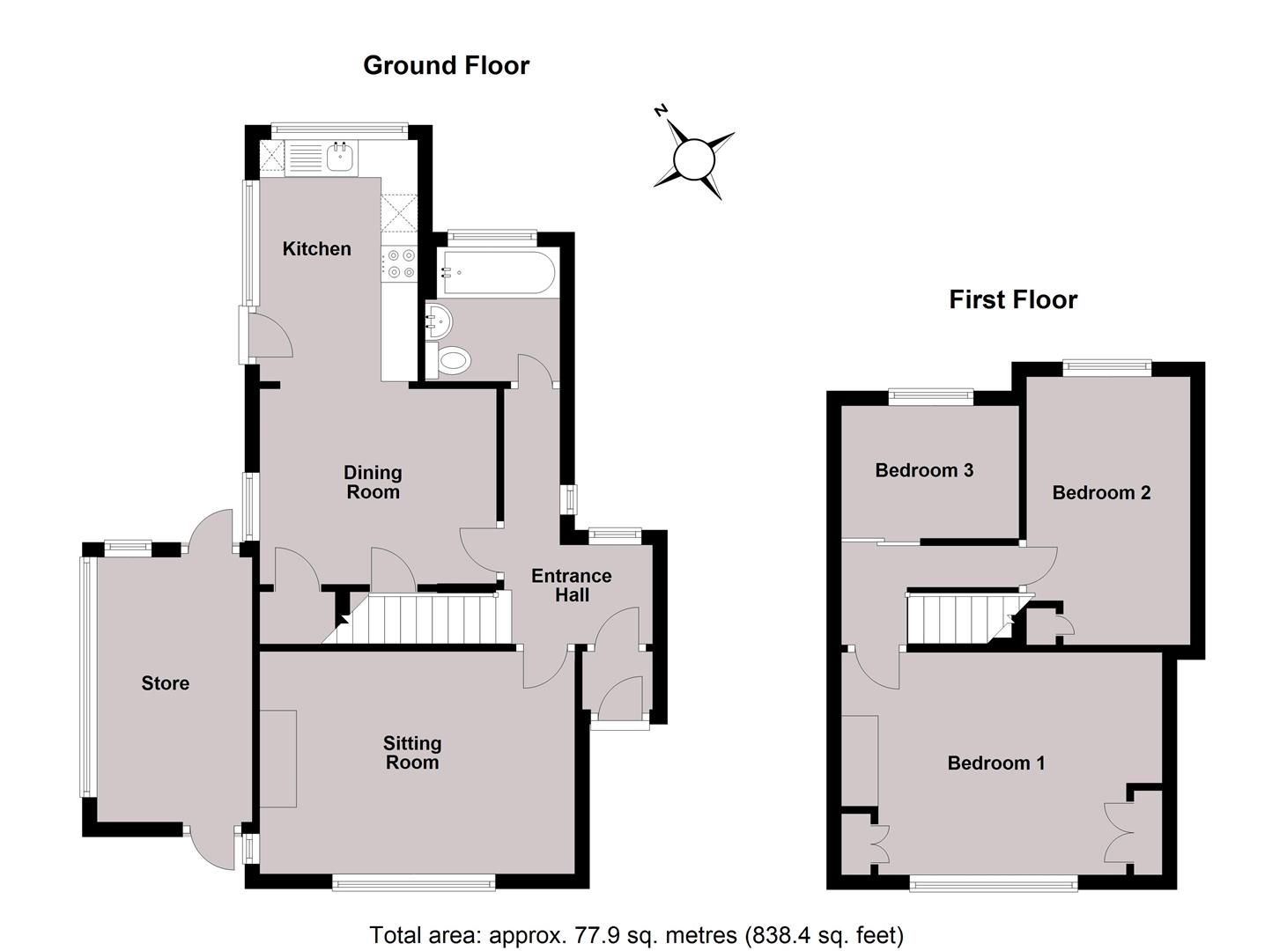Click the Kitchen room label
tap(316, 249)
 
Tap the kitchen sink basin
tap(340, 158)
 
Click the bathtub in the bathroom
tap(498, 272)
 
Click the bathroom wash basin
tap(437, 321)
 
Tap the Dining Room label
tap(373, 483)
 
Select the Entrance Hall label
tap(571, 586)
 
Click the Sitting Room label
tap(411, 753)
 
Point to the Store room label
tap(166, 683)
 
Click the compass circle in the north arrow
tap(693, 159)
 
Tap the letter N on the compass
tap(660, 110)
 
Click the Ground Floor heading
tap(446, 65)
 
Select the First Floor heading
tap(1013, 299)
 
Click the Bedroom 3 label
tap(924, 470)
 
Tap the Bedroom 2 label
tap(1101, 492)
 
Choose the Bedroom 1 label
tap(996, 763)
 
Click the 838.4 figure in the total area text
tap(779, 934)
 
